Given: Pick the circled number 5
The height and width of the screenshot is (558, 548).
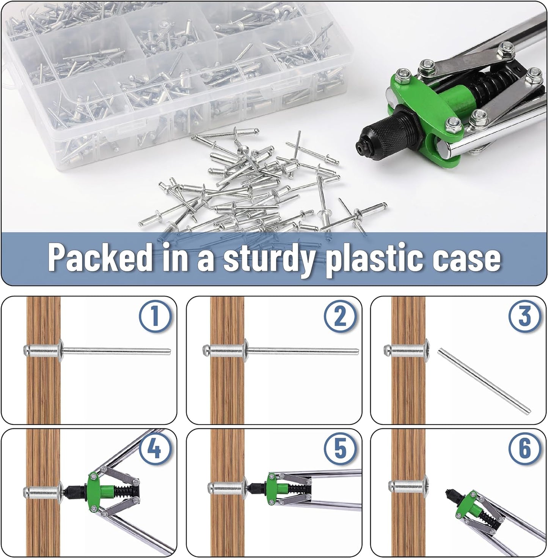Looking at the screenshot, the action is [x=339, y=449].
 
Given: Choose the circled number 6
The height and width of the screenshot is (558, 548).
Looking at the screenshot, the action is [x=524, y=449].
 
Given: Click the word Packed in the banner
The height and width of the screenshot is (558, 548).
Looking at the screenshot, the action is [x=100, y=257].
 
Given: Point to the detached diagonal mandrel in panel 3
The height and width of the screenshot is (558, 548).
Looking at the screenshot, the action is [x=484, y=381].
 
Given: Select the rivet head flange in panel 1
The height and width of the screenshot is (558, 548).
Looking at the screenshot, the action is [x=61, y=351].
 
